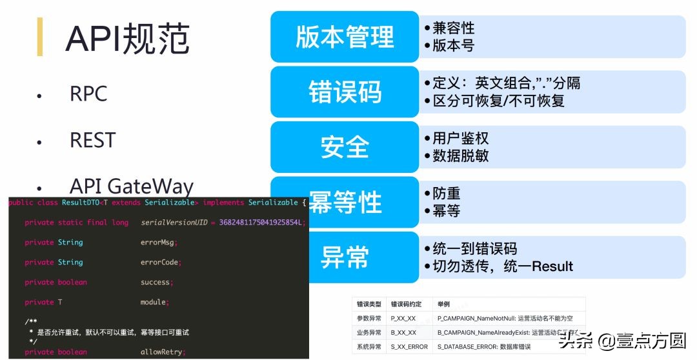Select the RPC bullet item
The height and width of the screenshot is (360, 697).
point(88,94)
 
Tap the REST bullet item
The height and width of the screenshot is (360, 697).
point(92,140)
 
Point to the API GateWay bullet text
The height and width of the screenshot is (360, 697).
point(132,186)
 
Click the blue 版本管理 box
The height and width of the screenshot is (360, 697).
point(344,37)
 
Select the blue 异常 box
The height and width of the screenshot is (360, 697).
point(344,257)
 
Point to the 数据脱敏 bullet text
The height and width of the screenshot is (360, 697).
point(460,155)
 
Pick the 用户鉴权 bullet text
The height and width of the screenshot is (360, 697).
point(460,138)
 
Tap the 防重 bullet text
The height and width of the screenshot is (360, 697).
point(446,194)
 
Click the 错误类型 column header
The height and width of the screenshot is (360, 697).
point(369,304)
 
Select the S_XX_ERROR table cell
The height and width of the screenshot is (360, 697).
point(409,347)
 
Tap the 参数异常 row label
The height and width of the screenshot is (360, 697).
point(369,318)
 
